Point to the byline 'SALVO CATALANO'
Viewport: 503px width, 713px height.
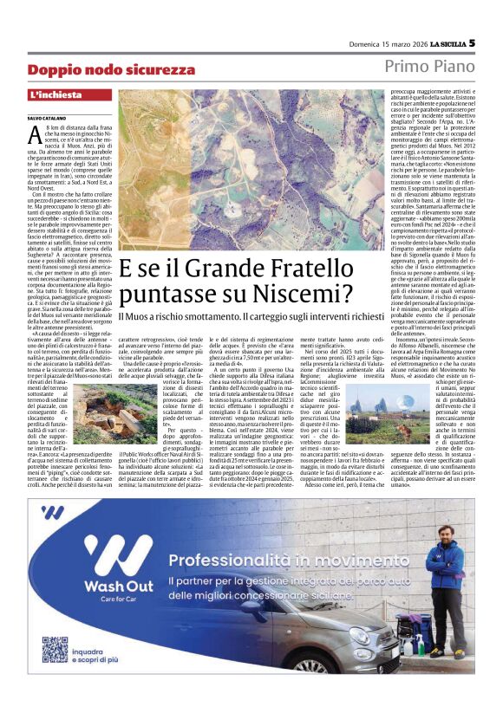pos(46,117)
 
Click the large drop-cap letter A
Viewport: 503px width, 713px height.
pos(34,135)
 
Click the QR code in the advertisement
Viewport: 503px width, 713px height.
pos(55,650)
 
